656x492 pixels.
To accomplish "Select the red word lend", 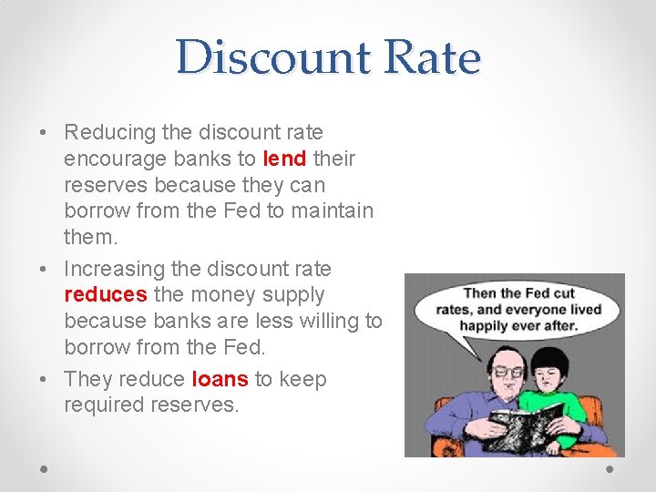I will tap(284, 159).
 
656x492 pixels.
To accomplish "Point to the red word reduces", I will tap(105, 294).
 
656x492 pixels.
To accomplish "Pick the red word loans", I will tap(220, 379).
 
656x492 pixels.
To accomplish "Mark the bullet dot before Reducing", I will tap(45, 133).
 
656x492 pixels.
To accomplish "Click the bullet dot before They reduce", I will tap(45, 379).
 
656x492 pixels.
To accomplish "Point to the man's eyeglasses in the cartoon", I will tap(508, 371).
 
